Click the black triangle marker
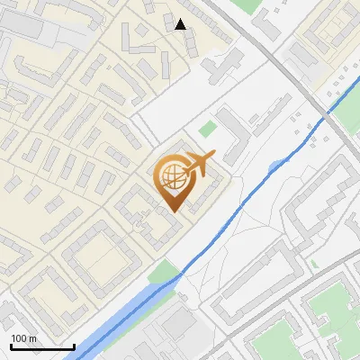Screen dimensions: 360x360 181,24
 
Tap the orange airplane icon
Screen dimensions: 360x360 200,164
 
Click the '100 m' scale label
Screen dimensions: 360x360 24,338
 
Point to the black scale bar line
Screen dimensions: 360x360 42,346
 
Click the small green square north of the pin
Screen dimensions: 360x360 208,129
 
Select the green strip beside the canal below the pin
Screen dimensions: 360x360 164,271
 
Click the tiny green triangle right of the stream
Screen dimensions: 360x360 314,265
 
